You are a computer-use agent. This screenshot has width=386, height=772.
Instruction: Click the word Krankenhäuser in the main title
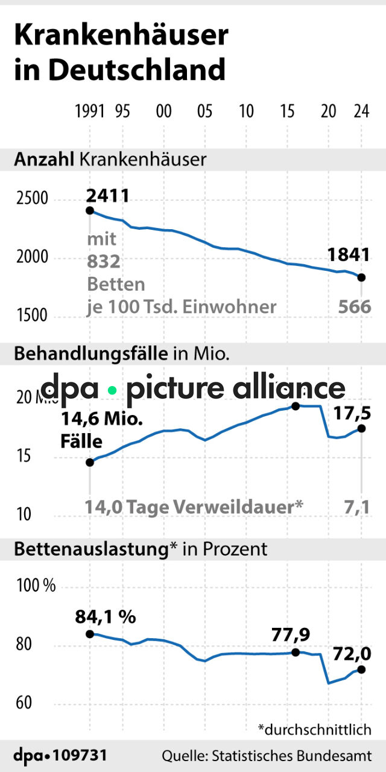(x=121, y=36)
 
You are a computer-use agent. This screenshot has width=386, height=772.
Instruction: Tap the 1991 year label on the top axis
(x=90, y=112)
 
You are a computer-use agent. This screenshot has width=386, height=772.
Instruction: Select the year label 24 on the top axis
(x=361, y=112)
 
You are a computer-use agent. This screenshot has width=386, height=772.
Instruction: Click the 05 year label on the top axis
(x=204, y=112)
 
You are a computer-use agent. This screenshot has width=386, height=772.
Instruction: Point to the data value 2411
(x=108, y=195)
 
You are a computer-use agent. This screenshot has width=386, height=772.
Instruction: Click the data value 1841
(x=349, y=255)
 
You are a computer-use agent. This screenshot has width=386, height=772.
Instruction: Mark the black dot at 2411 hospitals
(x=90, y=210)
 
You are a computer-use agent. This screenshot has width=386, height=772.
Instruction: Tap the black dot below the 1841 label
(x=361, y=277)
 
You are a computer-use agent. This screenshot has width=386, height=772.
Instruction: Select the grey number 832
(x=104, y=262)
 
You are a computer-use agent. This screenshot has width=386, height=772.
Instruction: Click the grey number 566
(x=355, y=306)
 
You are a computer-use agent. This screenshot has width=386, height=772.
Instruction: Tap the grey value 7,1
(x=358, y=507)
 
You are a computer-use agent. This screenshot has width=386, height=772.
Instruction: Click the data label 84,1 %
(x=106, y=617)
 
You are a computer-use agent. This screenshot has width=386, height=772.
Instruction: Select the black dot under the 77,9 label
(x=296, y=653)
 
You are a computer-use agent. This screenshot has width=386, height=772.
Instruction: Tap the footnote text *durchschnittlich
(x=314, y=729)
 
